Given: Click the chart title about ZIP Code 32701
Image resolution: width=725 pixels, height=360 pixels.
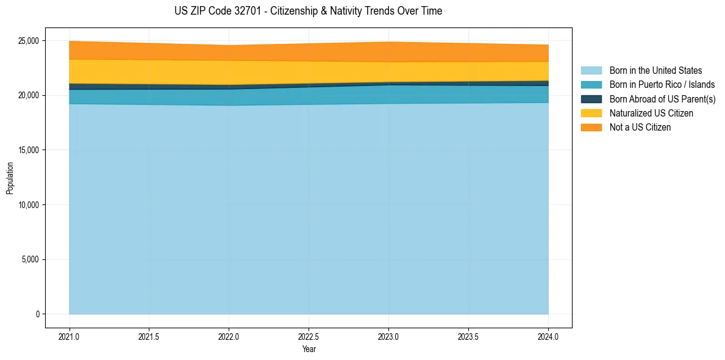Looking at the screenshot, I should click(308, 11).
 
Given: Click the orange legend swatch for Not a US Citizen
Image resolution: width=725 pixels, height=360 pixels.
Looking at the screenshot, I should click(591, 128).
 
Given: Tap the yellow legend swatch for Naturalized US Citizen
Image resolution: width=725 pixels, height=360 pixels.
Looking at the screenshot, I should click(591, 113).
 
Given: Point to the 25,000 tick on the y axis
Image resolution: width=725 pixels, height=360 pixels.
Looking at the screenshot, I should click(29, 41).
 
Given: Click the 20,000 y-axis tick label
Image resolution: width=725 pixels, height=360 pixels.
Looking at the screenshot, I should click(29, 96).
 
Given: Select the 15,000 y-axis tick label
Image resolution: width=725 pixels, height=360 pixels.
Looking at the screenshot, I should click(29, 150).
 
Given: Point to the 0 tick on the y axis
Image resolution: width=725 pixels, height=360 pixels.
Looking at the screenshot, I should click(37, 314).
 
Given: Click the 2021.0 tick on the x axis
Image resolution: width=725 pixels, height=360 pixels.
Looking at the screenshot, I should click(70, 336).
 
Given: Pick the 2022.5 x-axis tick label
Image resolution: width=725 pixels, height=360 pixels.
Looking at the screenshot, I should click(309, 336).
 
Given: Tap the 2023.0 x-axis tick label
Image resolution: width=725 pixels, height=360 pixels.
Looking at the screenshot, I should click(388, 336).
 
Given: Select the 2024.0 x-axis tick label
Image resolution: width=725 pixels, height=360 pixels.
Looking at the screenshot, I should click(548, 336).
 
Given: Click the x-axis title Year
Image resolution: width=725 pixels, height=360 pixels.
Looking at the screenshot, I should click(309, 349).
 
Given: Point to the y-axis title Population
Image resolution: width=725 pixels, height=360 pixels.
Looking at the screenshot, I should click(10, 178).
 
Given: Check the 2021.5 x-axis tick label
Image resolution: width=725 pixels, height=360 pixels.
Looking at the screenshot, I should click(149, 336).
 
